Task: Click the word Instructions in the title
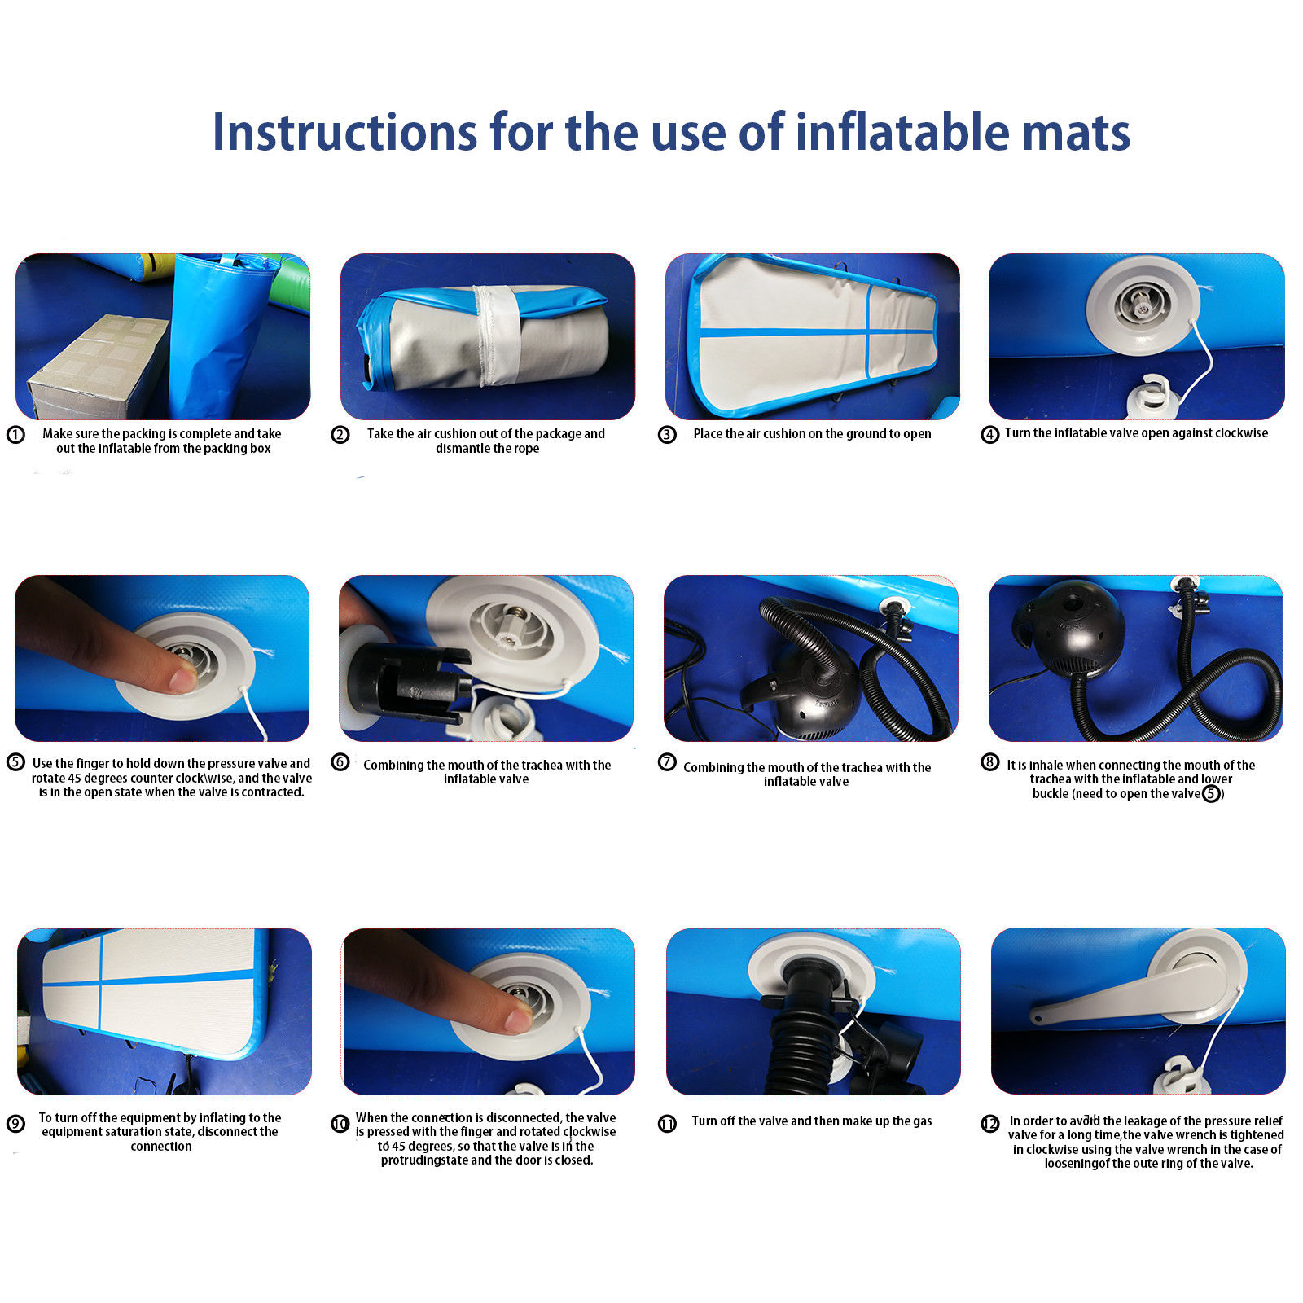(343, 132)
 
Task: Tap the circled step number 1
(15, 435)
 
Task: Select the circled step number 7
(667, 762)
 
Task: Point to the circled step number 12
(990, 1124)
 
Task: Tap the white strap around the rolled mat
(498, 334)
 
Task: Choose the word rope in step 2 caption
(526, 449)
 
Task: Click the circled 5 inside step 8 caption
(1211, 793)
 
